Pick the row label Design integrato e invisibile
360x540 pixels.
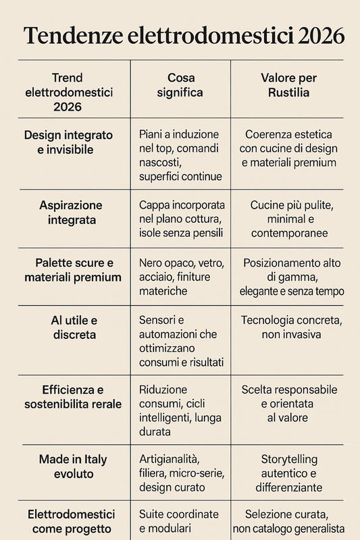[69, 142]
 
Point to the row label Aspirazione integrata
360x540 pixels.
[71, 212]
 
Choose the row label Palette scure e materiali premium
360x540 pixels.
[73, 269]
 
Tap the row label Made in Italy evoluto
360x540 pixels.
[72, 466]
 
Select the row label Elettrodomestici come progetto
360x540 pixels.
[73, 522]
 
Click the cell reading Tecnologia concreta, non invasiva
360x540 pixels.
[289, 327]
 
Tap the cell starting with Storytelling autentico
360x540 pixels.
[289, 473]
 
